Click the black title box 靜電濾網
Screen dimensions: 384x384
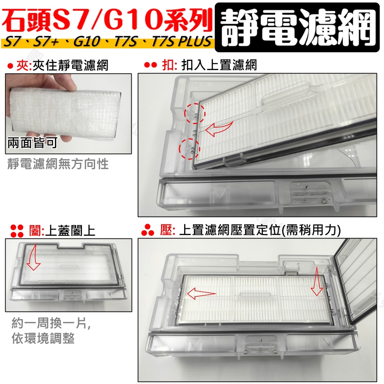tap(297, 27)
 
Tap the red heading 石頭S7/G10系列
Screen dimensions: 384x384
tap(107, 19)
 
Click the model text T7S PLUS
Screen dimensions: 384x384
tap(181, 41)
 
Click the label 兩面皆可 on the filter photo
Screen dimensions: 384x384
tap(32, 142)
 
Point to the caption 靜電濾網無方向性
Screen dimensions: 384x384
tap(58, 163)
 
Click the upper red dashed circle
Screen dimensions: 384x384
tap(195, 113)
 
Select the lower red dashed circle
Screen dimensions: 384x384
tap(189, 148)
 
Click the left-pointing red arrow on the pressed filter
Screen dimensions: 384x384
tap(201, 293)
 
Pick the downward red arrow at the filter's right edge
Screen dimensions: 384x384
tap(317, 281)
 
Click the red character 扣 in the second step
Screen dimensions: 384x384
tap(168, 65)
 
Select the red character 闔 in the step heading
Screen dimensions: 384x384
tap(35, 231)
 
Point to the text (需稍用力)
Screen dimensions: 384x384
tap(311, 231)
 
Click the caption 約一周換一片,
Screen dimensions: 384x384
tap(52, 323)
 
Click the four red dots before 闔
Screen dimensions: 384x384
tap(17, 231)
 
